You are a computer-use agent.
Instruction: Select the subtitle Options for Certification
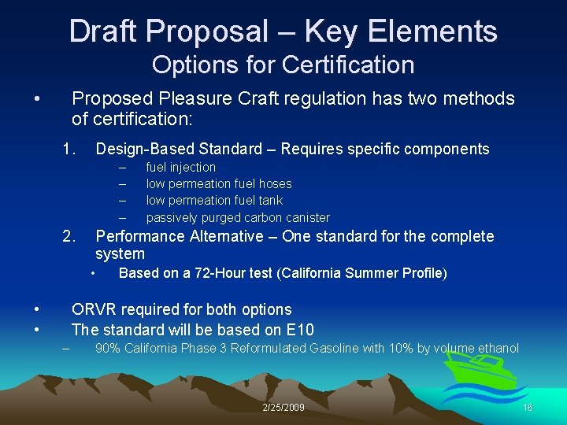pyautogui.click(x=283, y=65)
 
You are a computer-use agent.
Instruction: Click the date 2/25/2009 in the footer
pyautogui.click(x=283, y=407)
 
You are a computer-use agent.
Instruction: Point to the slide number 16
pyautogui.click(x=528, y=407)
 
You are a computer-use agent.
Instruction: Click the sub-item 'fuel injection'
pyautogui.click(x=180, y=167)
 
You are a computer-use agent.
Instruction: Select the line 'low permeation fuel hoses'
pyautogui.click(x=219, y=183)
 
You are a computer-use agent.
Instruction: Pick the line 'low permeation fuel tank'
pyautogui.click(x=214, y=200)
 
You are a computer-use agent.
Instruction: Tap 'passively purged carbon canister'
pyautogui.click(x=238, y=217)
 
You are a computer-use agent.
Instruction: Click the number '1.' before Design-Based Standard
pyautogui.click(x=69, y=149)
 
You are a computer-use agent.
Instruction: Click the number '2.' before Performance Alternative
pyautogui.click(x=69, y=236)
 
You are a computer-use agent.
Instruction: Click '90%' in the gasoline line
pyautogui.click(x=106, y=348)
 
